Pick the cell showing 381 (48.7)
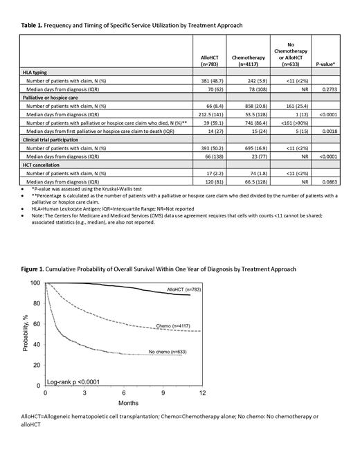[208, 80]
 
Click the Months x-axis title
[123, 403]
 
